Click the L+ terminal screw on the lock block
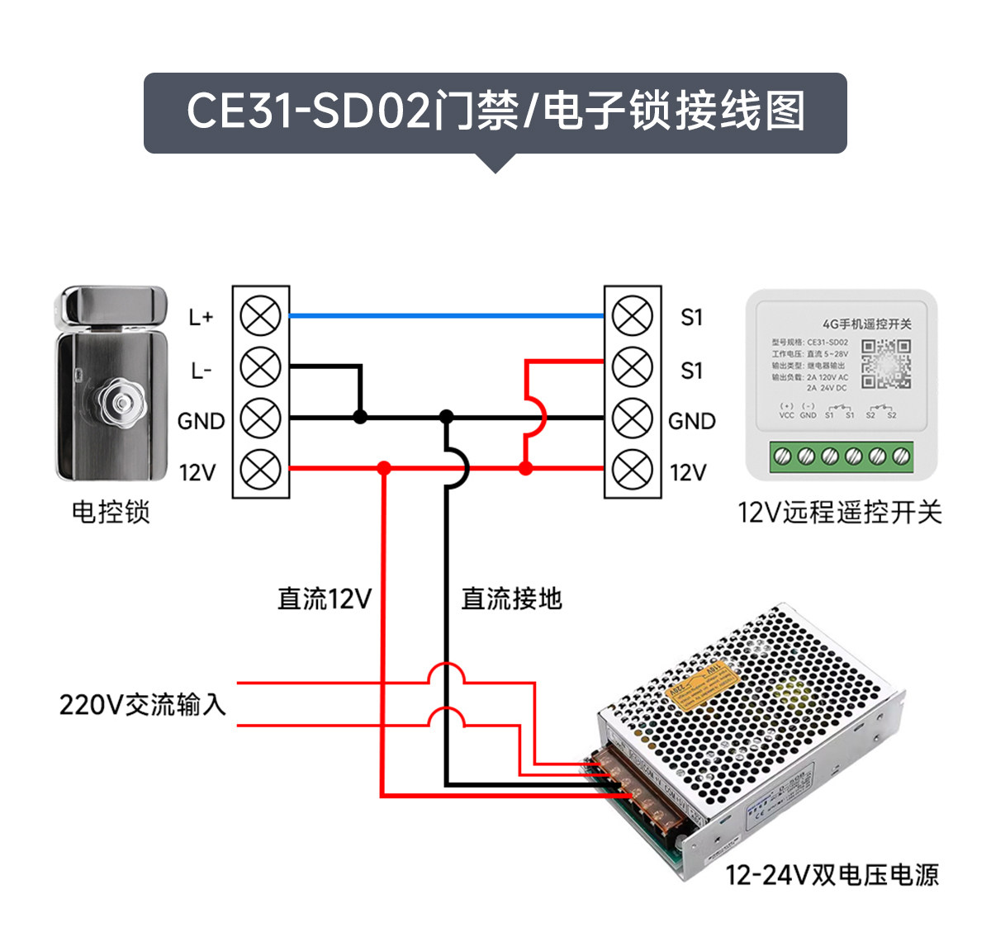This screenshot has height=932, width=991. (261, 316)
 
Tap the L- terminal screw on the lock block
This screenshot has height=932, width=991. (261, 367)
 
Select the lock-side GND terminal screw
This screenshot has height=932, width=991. (261, 419)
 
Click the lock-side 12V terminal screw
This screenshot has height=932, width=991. (261, 470)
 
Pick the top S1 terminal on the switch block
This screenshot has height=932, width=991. (633, 316)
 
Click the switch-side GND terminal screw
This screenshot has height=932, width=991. (633, 419)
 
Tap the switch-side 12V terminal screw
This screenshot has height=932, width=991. (633, 470)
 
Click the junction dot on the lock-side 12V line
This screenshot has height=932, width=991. (384, 469)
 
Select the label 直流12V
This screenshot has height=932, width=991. (325, 598)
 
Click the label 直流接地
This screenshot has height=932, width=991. (511, 598)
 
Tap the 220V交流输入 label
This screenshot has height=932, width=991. (143, 705)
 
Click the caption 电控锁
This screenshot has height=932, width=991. (111, 513)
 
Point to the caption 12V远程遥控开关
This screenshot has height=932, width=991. (839, 513)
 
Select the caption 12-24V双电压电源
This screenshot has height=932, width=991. (832, 875)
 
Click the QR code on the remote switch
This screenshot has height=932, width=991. (886, 363)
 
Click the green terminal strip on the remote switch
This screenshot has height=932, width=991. (842, 457)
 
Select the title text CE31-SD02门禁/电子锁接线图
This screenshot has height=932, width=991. (495, 112)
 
